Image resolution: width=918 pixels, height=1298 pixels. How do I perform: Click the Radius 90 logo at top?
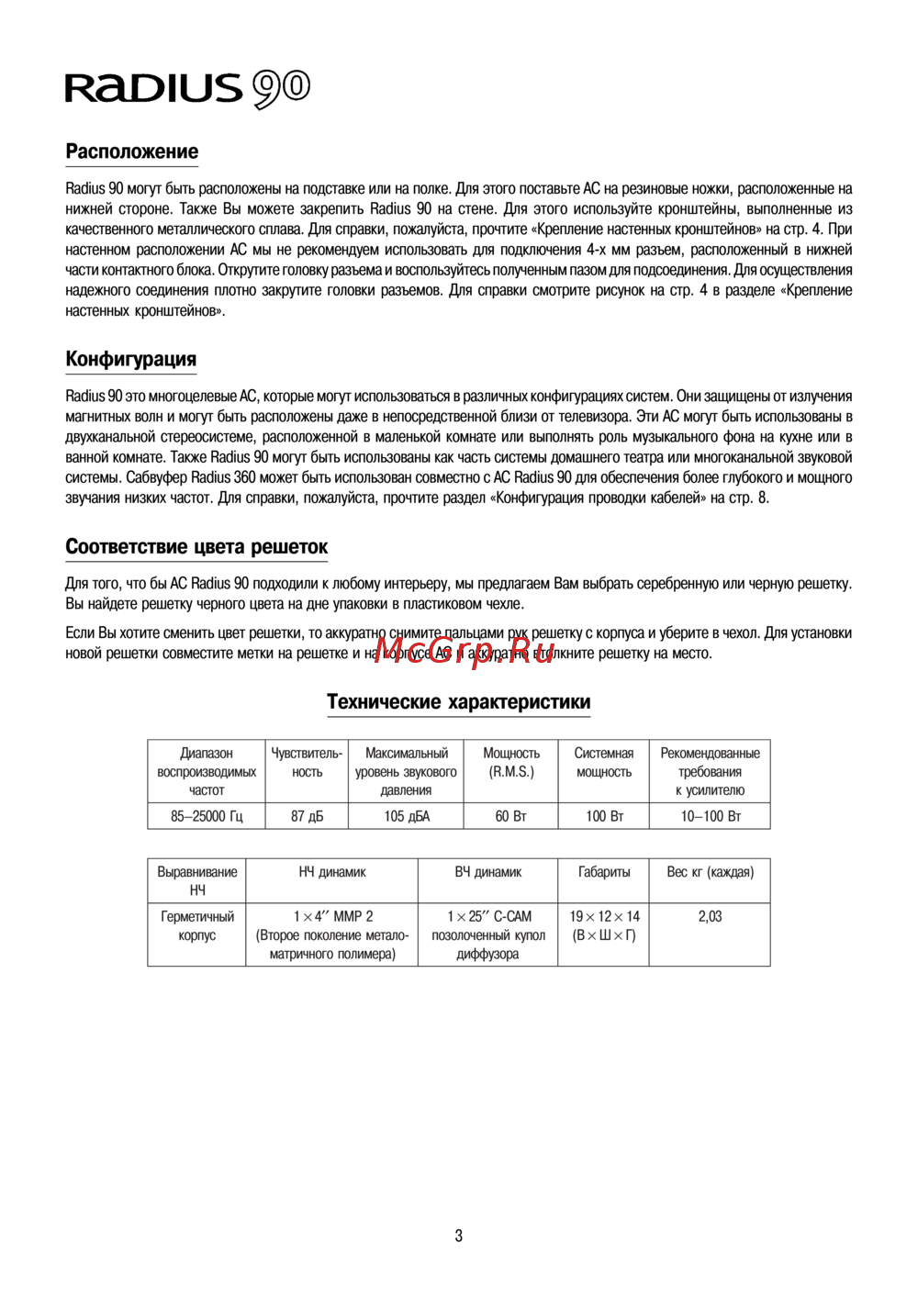(x=187, y=88)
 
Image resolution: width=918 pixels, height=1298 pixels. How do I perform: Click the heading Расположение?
(x=131, y=151)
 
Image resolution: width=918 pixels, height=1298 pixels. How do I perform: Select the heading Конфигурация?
(x=130, y=359)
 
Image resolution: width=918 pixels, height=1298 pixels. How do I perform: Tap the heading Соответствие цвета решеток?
(x=196, y=547)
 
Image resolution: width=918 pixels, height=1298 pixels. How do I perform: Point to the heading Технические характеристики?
(x=458, y=702)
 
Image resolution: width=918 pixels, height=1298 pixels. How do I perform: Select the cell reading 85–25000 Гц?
(x=207, y=816)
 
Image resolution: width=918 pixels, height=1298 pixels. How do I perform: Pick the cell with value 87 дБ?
(x=307, y=816)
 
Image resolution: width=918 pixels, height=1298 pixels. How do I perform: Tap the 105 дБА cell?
(x=406, y=816)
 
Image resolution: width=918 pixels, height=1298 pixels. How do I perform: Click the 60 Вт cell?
(x=510, y=816)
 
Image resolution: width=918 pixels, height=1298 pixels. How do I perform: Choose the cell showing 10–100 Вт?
(x=710, y=816)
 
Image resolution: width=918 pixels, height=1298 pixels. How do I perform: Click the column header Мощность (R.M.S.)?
(x=510, y=763)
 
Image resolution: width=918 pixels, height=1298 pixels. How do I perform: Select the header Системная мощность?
(x=603, y=763)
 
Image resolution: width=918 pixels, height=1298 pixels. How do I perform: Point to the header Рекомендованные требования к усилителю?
(x=710, y=771)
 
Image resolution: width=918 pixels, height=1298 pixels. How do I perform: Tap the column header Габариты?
(x=603, y=872)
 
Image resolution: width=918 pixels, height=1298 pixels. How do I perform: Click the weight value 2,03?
(x=710, y=916)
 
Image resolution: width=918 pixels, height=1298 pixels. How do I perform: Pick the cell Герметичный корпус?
(x=196, y=925)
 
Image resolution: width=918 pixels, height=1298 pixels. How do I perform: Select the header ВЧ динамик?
(x=487, y=872)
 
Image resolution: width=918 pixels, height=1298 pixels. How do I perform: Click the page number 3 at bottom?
(x=458, y=1236)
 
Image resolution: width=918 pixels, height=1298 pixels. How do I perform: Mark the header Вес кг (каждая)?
(x=710, y=872)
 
